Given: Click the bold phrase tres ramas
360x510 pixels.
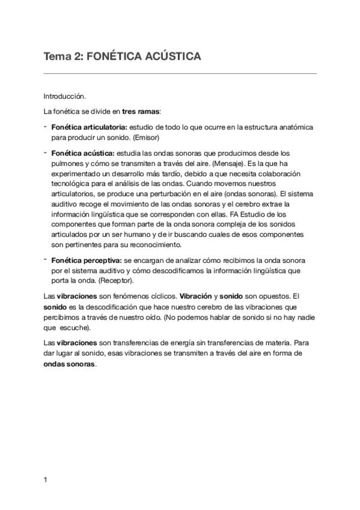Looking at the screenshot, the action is (x=140, y=111).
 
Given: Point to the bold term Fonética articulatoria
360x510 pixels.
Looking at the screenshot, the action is (x=89, y=127).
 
